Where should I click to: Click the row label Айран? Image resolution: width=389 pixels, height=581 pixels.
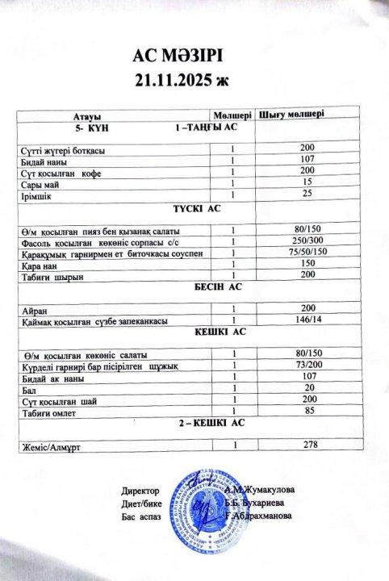click(31, 310)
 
